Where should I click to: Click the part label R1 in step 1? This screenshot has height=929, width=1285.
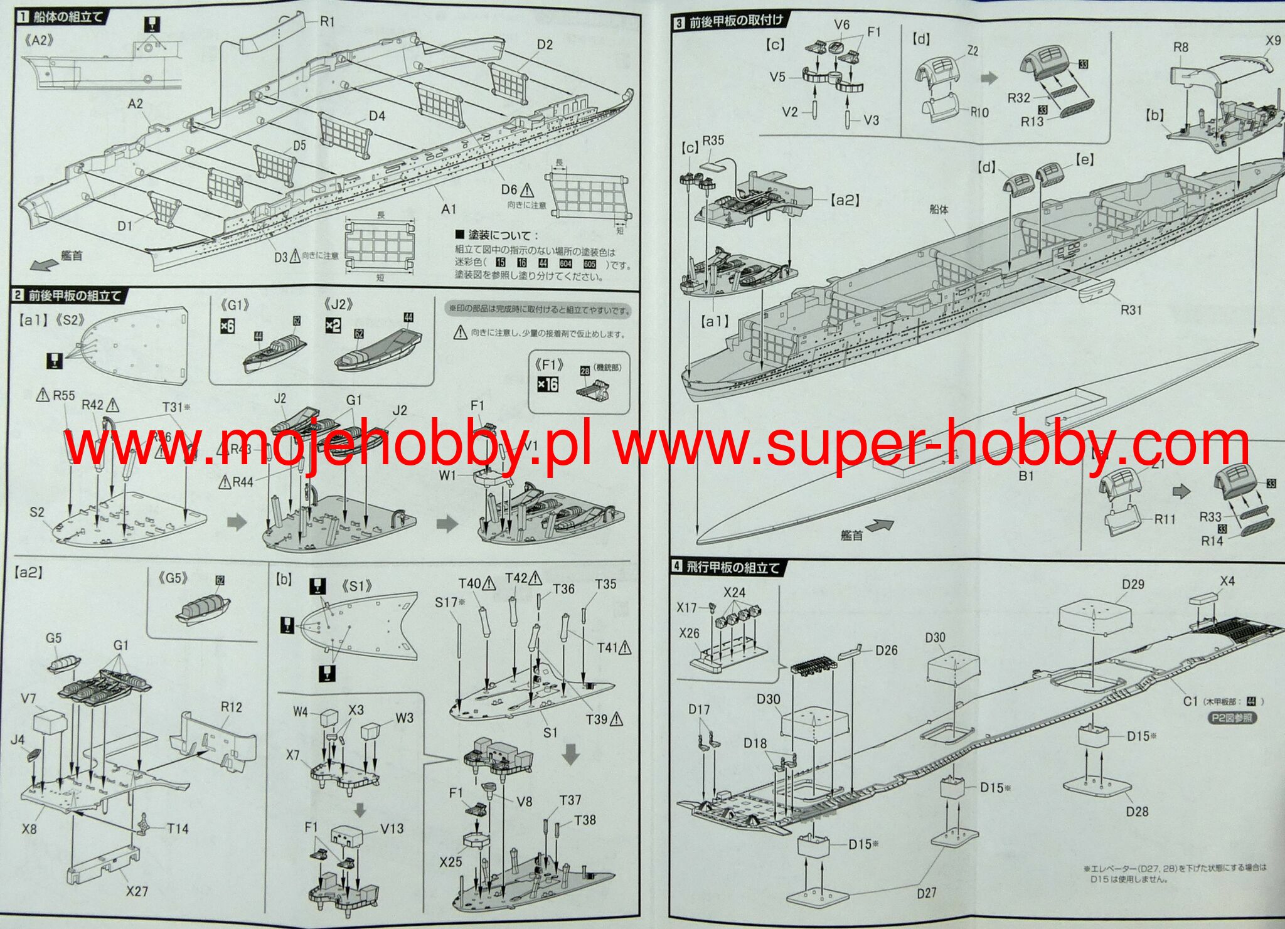(328, 22)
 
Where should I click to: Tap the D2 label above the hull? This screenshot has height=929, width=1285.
(545, 45)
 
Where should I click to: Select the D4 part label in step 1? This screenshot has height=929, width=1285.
(376, 116)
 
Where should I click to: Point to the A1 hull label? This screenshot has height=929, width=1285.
(448, 209)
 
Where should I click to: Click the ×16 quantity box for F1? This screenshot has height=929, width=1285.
(548, 383)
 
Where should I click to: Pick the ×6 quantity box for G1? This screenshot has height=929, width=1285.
(227, 326)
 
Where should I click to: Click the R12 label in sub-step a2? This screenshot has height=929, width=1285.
(231, 707)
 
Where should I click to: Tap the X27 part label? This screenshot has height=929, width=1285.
(137, 891)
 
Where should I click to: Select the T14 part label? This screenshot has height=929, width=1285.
(178, 829)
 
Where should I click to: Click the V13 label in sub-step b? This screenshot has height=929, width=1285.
(392, 829)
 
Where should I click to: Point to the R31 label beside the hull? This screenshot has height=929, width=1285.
(1131, 310)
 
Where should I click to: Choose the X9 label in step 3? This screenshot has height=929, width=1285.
(1272, 41)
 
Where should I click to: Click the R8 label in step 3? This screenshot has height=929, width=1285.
(1180, 47)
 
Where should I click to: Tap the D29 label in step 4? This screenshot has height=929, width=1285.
(1133, 584)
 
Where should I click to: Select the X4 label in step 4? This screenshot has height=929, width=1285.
(1227, 581)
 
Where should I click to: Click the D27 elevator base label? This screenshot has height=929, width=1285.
(927, 893)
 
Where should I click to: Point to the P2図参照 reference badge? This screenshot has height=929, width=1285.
(1234, 718)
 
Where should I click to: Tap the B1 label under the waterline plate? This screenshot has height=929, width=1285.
(1026, 476)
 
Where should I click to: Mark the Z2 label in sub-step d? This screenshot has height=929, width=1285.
(972, 51)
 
